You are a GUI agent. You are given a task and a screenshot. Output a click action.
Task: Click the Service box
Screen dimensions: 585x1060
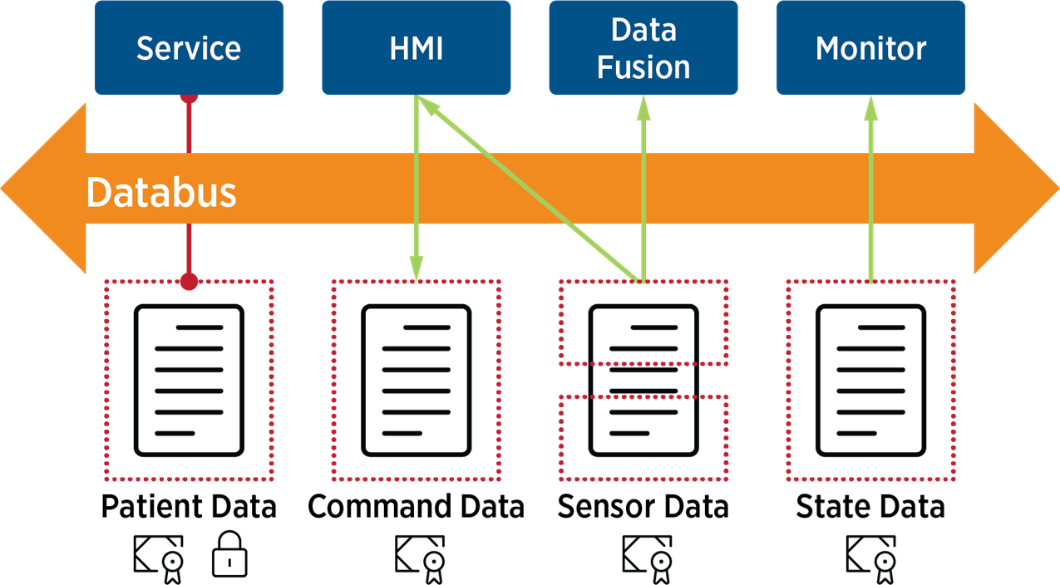coord(189,47)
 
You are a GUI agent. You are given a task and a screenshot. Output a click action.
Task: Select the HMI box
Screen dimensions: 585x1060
coord(417,47)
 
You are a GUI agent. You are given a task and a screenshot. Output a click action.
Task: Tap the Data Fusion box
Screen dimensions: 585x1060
coord(643,47)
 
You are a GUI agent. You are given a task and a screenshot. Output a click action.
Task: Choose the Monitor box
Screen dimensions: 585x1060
coord(870,47)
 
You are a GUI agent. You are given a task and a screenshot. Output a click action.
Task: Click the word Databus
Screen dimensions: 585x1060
coord(161,193)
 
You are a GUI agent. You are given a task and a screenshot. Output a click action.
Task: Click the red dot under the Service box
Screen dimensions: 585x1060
coord(190,97)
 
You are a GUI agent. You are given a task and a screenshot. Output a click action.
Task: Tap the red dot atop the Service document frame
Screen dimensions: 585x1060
coord(190,282)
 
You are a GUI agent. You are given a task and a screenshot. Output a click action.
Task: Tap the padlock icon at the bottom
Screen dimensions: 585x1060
coord(229,555)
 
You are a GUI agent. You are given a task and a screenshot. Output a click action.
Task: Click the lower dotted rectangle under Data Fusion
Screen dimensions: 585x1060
coord(643,438)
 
